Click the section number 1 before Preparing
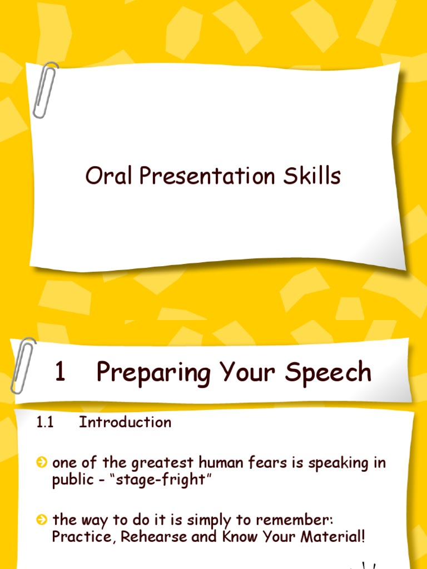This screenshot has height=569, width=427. coord(60,372)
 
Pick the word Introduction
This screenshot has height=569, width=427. coord(125,422)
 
